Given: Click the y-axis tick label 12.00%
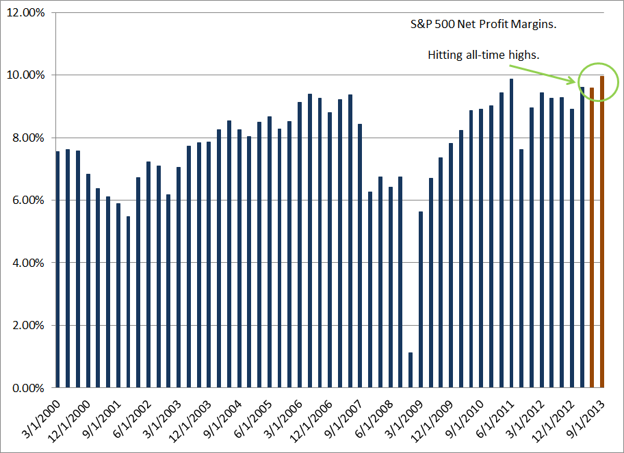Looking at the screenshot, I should pos(24,12).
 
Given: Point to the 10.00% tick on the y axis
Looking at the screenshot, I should pos(24,75).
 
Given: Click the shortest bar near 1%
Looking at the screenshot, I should pos(410,370).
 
